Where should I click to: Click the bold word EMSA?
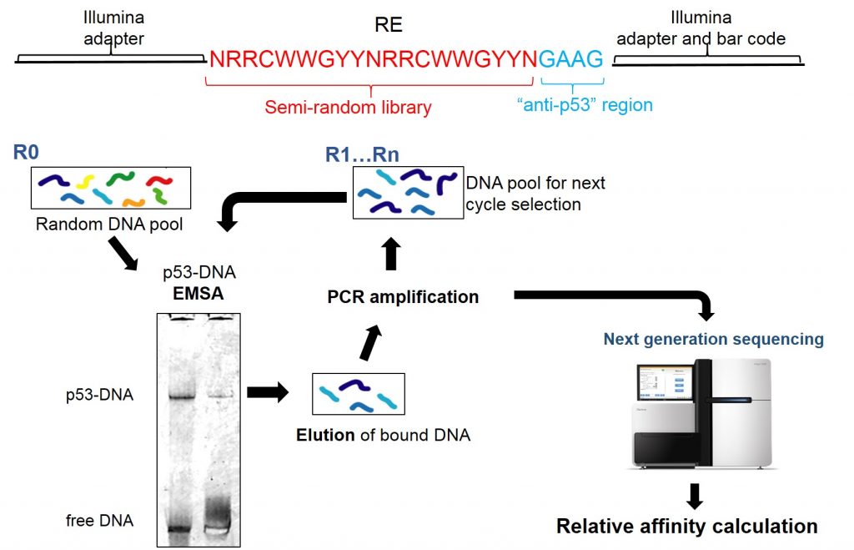(199, 293)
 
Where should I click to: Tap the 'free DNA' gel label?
(99, 521)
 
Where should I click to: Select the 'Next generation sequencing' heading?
(713, 339)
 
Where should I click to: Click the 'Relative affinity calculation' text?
(686, 526)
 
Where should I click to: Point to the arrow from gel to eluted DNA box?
(269, 391)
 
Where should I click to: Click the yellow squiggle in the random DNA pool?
(84, 180)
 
